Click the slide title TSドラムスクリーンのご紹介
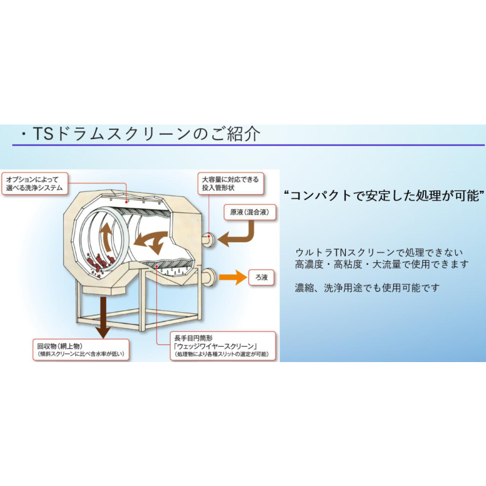[x=146, y=134]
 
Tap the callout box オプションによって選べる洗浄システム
[x=35, y=184]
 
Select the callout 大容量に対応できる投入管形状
[x=231, y=183]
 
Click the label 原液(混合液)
[x=250, y=212]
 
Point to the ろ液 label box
[x=261, y=277]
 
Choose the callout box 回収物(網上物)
[x=81, y=350]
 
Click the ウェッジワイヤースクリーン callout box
[x=223, y=346]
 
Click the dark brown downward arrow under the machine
[x=103, y=317]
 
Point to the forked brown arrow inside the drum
[x=152, y=241]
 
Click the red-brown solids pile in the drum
[x=99, y=263]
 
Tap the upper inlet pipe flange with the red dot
[x=208, y=239]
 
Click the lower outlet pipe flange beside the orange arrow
[x=209, y=278]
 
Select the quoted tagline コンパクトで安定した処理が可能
[x=385, y=196]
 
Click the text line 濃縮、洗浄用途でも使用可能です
[x=368, y=288]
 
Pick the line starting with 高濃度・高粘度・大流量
[x=382, y=264]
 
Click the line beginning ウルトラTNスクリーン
[x=378, y=253]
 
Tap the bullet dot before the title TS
[x=24, y=134]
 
